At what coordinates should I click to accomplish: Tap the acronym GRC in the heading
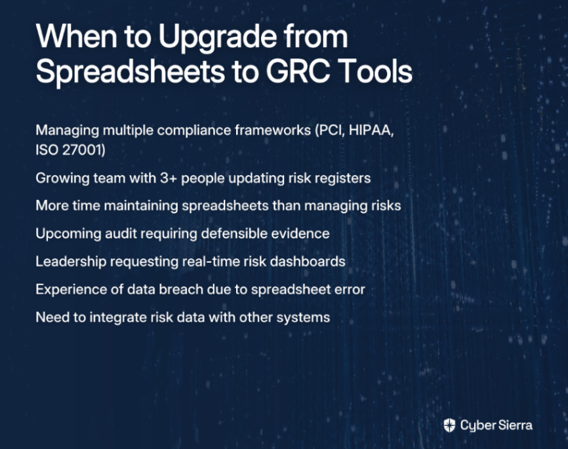[x=298, y=71]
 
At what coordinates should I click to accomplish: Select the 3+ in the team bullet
[x=169, y=178]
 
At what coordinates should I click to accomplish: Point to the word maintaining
[x=141, y=206]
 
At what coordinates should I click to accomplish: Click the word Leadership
[x=71, y=262]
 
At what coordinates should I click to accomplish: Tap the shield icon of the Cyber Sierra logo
[x=449, y=425]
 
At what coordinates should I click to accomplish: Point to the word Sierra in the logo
[x=514, y=425]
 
